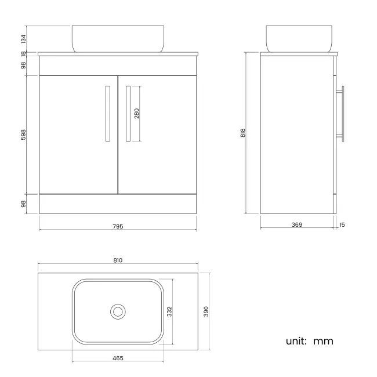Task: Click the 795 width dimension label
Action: [x=118, y=226]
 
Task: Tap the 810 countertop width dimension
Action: [x=118, y=260]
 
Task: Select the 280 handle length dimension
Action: [x=136, y=114]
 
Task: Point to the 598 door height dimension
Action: [x=23, y=135]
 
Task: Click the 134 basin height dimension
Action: [x=23, y=39]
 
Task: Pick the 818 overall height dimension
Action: [x=243, y=133]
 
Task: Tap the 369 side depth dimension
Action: [x=297, y=224]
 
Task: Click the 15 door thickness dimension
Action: [x=342, y=225]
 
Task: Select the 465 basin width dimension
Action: [x=118, y=358]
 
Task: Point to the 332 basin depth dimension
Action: [x=169, y=311]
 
